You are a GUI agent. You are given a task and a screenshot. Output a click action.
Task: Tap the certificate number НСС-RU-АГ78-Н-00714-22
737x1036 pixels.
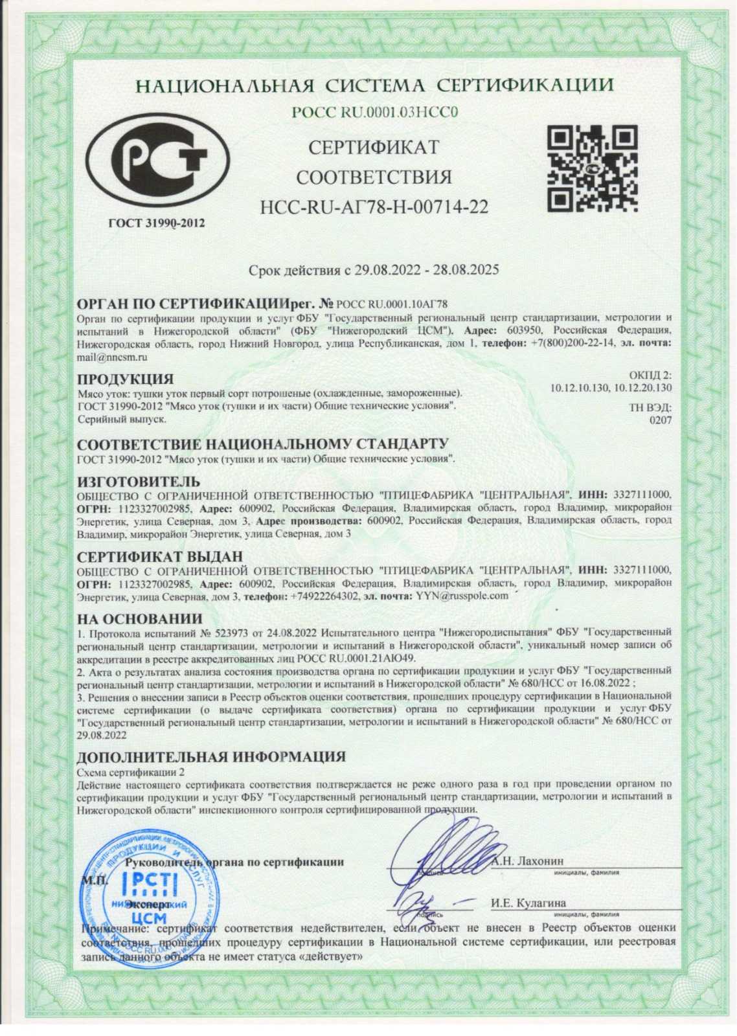(x=374, y=207)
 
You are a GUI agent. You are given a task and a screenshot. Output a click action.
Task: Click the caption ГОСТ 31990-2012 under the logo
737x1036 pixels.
(x=156, y=223)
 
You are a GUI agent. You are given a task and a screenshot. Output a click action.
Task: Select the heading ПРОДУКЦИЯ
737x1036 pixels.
(x=125, y=379)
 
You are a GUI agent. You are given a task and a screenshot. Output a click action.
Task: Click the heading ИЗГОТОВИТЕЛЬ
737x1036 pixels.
(x=139, y=482)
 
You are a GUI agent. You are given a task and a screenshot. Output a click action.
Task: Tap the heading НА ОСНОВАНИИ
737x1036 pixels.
(x=139, y=618)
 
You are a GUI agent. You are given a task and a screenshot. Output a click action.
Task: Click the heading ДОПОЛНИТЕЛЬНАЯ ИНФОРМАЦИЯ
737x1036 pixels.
(x=211, y=757)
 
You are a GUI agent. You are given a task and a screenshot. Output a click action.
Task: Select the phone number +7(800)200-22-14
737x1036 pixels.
(x=572, y=343)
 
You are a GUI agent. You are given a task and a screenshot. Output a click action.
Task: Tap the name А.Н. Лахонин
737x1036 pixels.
(x=527, y=861)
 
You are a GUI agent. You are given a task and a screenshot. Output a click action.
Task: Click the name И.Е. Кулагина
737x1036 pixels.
(x=528, y=903)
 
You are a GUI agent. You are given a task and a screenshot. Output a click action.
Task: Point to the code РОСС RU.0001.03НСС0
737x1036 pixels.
(x=374, y=112)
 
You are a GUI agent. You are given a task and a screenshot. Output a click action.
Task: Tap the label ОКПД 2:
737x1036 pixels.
(x=650, y=376)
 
